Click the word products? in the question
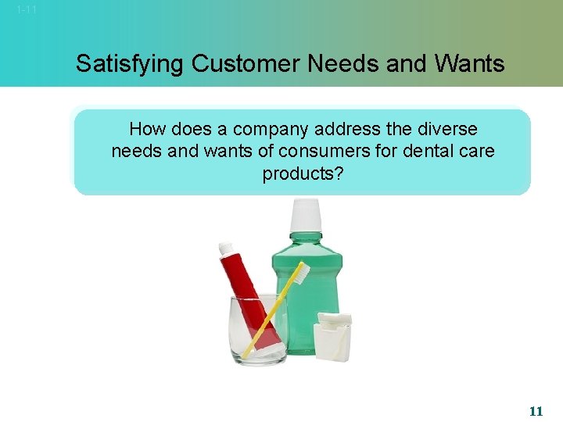point(303,173)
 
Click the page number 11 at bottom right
point(536,410)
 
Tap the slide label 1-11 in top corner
point(27,10)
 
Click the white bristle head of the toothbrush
point(299,271)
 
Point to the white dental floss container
point(332,337)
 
